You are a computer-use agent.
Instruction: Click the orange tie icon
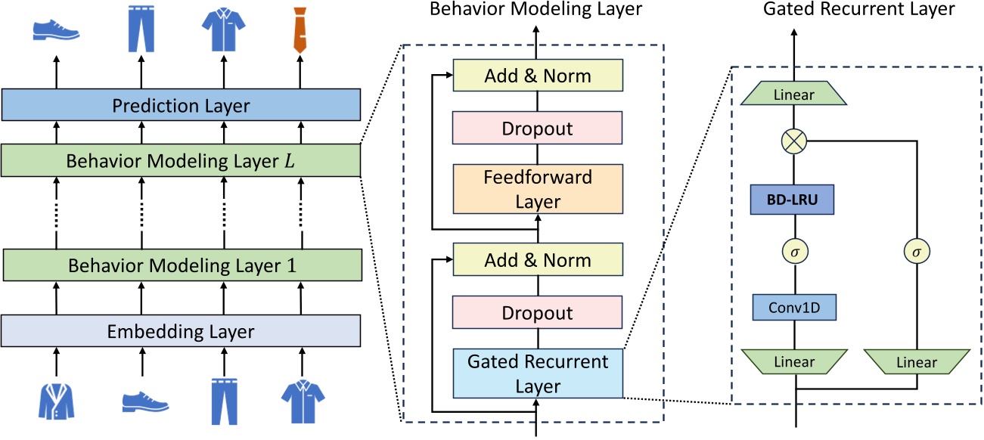click(301, 29)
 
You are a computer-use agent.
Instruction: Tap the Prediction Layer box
click(180, 105)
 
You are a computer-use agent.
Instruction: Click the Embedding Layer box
click(180, 331)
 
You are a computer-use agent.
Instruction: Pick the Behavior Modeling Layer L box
click(180, 160)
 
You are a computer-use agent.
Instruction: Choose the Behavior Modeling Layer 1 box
click(180, 265)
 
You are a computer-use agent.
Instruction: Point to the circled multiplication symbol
click(796, 140)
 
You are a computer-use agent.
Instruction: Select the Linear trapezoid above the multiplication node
click(795, 95)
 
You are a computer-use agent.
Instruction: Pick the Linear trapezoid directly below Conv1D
click(795, 362)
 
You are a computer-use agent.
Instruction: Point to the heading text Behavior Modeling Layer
click(535, 10)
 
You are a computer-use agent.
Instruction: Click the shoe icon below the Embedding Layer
click(144, 401)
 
